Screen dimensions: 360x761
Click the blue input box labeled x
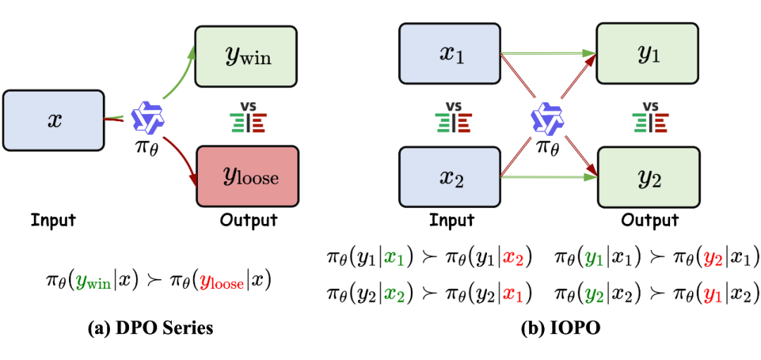click(54, 120)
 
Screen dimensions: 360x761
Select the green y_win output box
click(247, 56)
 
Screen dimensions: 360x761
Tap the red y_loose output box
click(247, 176)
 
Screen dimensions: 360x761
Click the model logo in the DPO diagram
click(149, 117)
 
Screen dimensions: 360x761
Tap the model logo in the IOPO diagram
click(548, 117)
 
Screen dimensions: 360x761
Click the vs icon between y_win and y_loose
click(248, 117)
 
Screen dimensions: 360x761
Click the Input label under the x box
click(53, 220)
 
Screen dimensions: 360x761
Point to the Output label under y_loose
click(249, 220)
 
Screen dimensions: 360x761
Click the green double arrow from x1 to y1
click(546, 52)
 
